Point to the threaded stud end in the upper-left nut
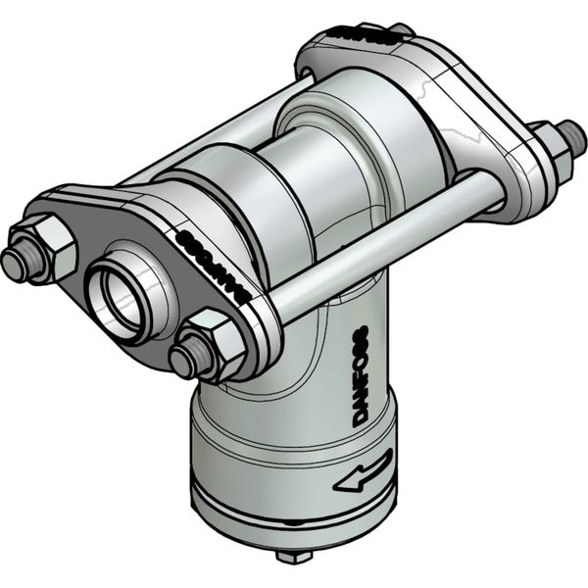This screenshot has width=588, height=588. tap(15, 263)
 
